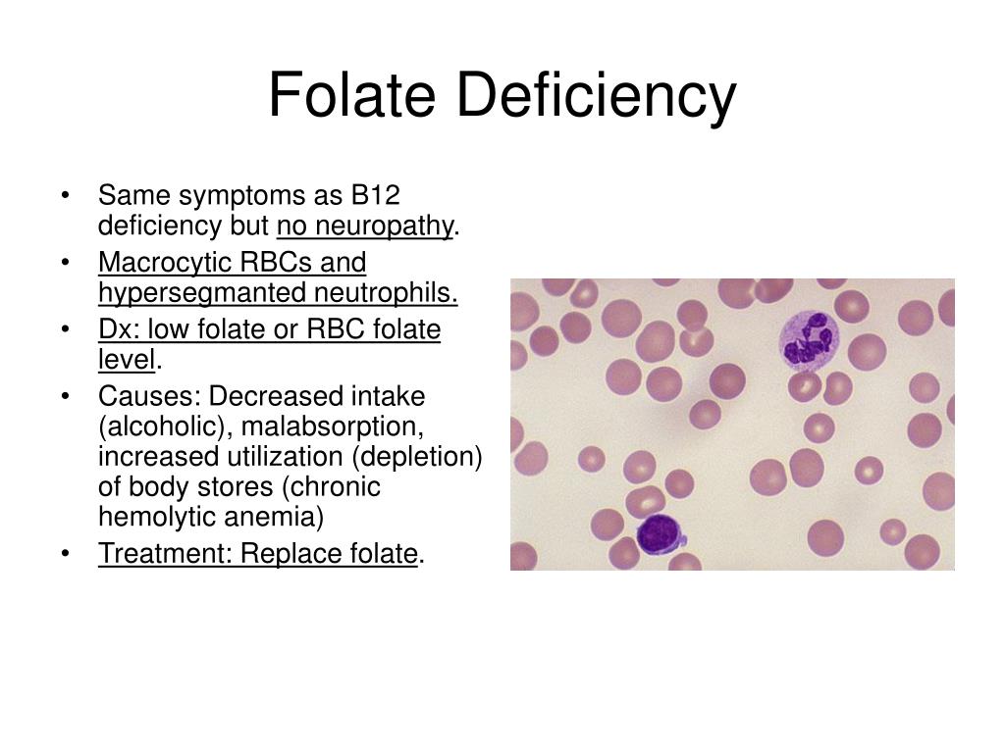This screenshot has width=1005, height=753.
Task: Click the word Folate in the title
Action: (x=352, y=95)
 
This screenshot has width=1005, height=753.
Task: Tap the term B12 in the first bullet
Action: (x=375, y=195)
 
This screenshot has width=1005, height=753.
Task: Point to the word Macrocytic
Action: (x=165, y=263)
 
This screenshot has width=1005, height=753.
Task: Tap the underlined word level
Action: (x=127, y=360)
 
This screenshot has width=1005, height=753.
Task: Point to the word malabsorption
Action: (x=333, y=427)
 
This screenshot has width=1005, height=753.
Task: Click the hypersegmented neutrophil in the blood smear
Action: (x=809, y=339)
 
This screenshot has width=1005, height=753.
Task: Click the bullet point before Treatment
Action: (x=66, y=553)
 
